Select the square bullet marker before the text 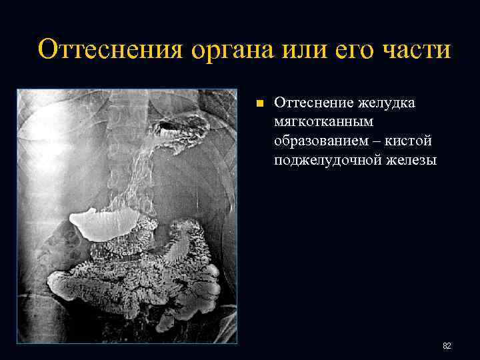(260, 104)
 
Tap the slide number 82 (447, 346)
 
